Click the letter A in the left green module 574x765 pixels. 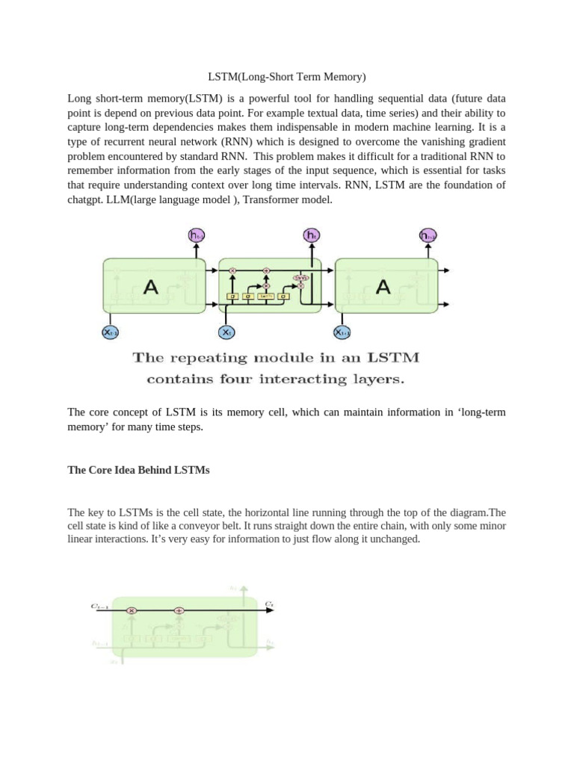(150, 286)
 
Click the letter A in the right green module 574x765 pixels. (383, 286)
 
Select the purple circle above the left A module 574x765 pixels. (196, 236)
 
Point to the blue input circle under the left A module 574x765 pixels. (111, 332)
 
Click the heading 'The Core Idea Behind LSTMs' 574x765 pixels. (139, 470)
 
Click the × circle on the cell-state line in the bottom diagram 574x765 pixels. (132, 610)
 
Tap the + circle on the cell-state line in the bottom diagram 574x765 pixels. (179, 610)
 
